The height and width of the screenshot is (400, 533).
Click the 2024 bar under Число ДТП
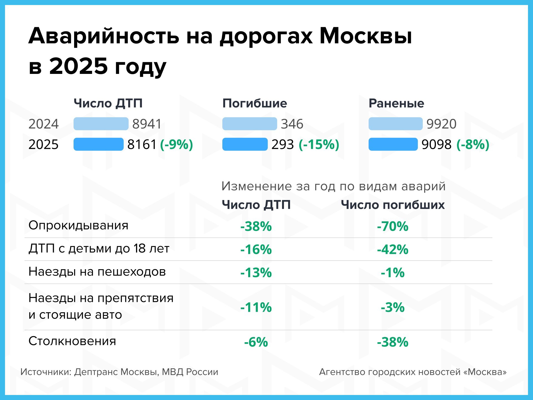(101, 124)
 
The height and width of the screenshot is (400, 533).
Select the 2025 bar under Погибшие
(245, 144)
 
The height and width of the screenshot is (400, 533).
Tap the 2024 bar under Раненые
(395, 124)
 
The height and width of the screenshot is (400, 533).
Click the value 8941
(147, 124)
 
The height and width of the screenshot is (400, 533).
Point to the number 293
(282, 144)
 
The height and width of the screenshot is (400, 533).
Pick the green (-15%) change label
(319, 144)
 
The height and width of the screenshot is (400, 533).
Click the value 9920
(441, 124)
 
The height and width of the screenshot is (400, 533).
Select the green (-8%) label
(473, 144)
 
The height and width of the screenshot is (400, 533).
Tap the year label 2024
(44, 124)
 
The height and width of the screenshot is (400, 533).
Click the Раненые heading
(396, 103)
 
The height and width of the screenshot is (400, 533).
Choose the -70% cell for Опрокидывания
(393, 226)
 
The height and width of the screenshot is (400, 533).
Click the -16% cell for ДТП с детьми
(256, 249)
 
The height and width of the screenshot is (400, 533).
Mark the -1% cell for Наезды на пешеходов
(393, 272)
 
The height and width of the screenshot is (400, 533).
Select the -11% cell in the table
(256, 307)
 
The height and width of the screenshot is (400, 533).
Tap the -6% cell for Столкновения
(256, 342)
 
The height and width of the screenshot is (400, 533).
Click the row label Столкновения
(72, 341)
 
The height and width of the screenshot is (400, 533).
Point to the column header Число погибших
(393, 205)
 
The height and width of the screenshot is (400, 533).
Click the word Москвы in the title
(366, 36)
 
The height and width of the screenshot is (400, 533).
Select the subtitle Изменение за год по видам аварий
(333, 186)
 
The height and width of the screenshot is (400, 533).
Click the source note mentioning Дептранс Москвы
(119, 372)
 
